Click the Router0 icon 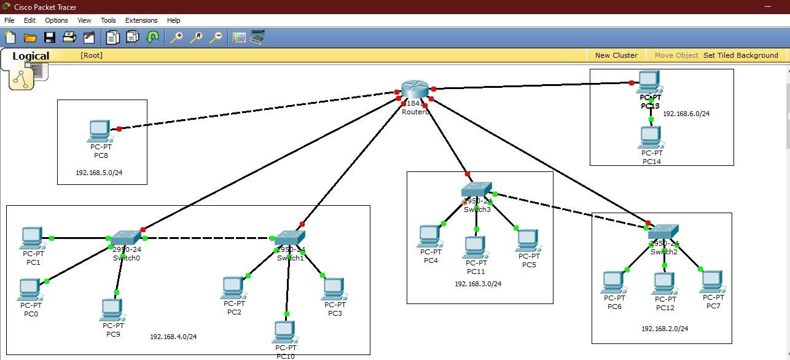point(415,90)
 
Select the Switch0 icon point(127,237)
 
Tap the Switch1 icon point(290,238)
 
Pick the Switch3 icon point(477,189)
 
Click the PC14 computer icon point(650,137)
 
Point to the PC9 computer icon point(112,310)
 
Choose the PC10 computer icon point(284,332)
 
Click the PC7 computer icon point(711,281)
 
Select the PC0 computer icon point(29,289)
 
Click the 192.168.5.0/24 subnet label point(100,173)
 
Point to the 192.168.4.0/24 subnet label point(174,337)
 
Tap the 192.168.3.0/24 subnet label point(478,284)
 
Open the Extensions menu point(141,20)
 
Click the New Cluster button point(616,55)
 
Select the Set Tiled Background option point(740,55)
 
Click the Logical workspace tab point(31,56)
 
